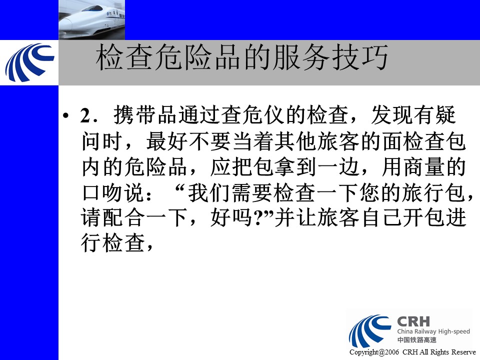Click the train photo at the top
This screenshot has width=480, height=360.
pos(91,20)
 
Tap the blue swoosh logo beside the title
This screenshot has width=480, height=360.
pos(29,62)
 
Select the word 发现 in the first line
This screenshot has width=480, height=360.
pos(392,115)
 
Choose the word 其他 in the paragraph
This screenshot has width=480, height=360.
pos(295,141)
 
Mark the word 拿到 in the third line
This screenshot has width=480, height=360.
pos(295,167)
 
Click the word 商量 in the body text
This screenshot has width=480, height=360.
pos(424,167)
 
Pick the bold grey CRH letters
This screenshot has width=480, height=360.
pos(413,321)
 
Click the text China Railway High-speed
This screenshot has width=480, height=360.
pos(433,331)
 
